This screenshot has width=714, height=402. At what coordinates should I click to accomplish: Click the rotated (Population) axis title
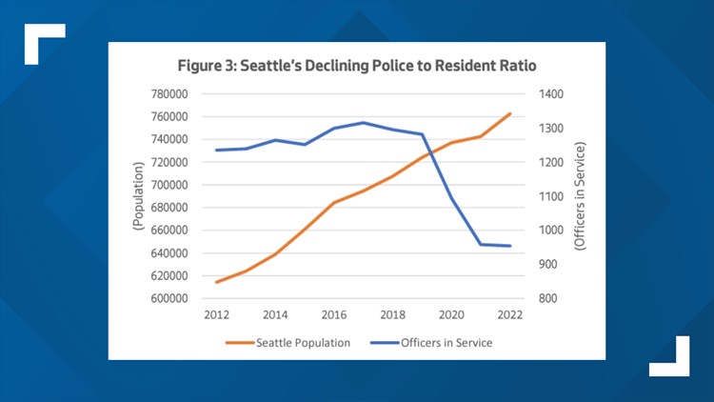pyautogui.click(x=137, y=195)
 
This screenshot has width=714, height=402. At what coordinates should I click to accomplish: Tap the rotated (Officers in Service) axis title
pyautogui.click(x=580, y=196)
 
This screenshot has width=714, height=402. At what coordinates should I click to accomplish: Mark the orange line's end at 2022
pyautogui.click(x=510, y=113)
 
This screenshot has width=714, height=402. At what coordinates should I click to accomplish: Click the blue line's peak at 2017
pyautogui.click(x=363, y=122)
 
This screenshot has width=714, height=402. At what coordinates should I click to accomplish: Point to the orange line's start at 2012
pyautogui.click(x=217, y=282)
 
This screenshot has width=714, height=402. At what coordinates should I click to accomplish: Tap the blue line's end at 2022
pyautogui.click(x=510, y=246)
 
